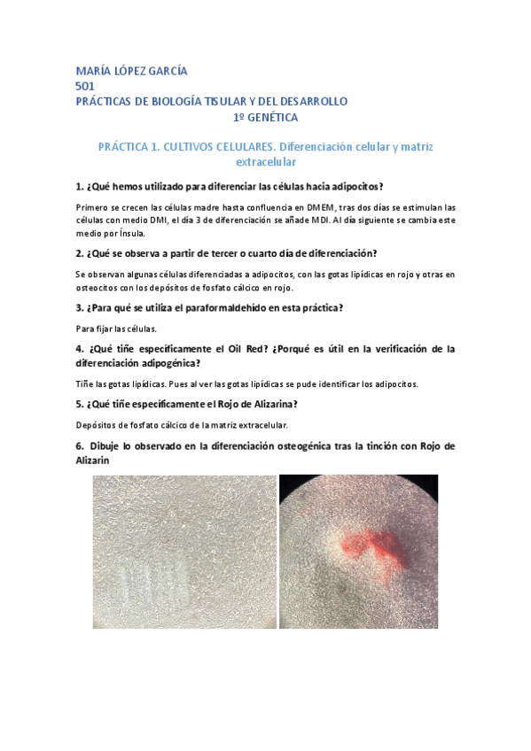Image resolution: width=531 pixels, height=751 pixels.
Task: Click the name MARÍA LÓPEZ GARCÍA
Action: click(x=131, y=71)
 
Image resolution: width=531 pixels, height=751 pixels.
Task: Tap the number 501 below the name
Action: click(x=85, y=86)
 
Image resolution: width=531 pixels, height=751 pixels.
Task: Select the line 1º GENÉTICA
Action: click(x=265, y=117)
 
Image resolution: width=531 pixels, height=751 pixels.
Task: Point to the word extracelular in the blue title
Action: click(x=265, y=162)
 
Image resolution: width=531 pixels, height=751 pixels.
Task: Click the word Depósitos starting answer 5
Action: click(x=97, y=425)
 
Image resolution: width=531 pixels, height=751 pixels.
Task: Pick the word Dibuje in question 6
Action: click(x=108, y=446)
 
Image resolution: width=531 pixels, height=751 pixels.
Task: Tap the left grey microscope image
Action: click(x=184, y=551)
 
